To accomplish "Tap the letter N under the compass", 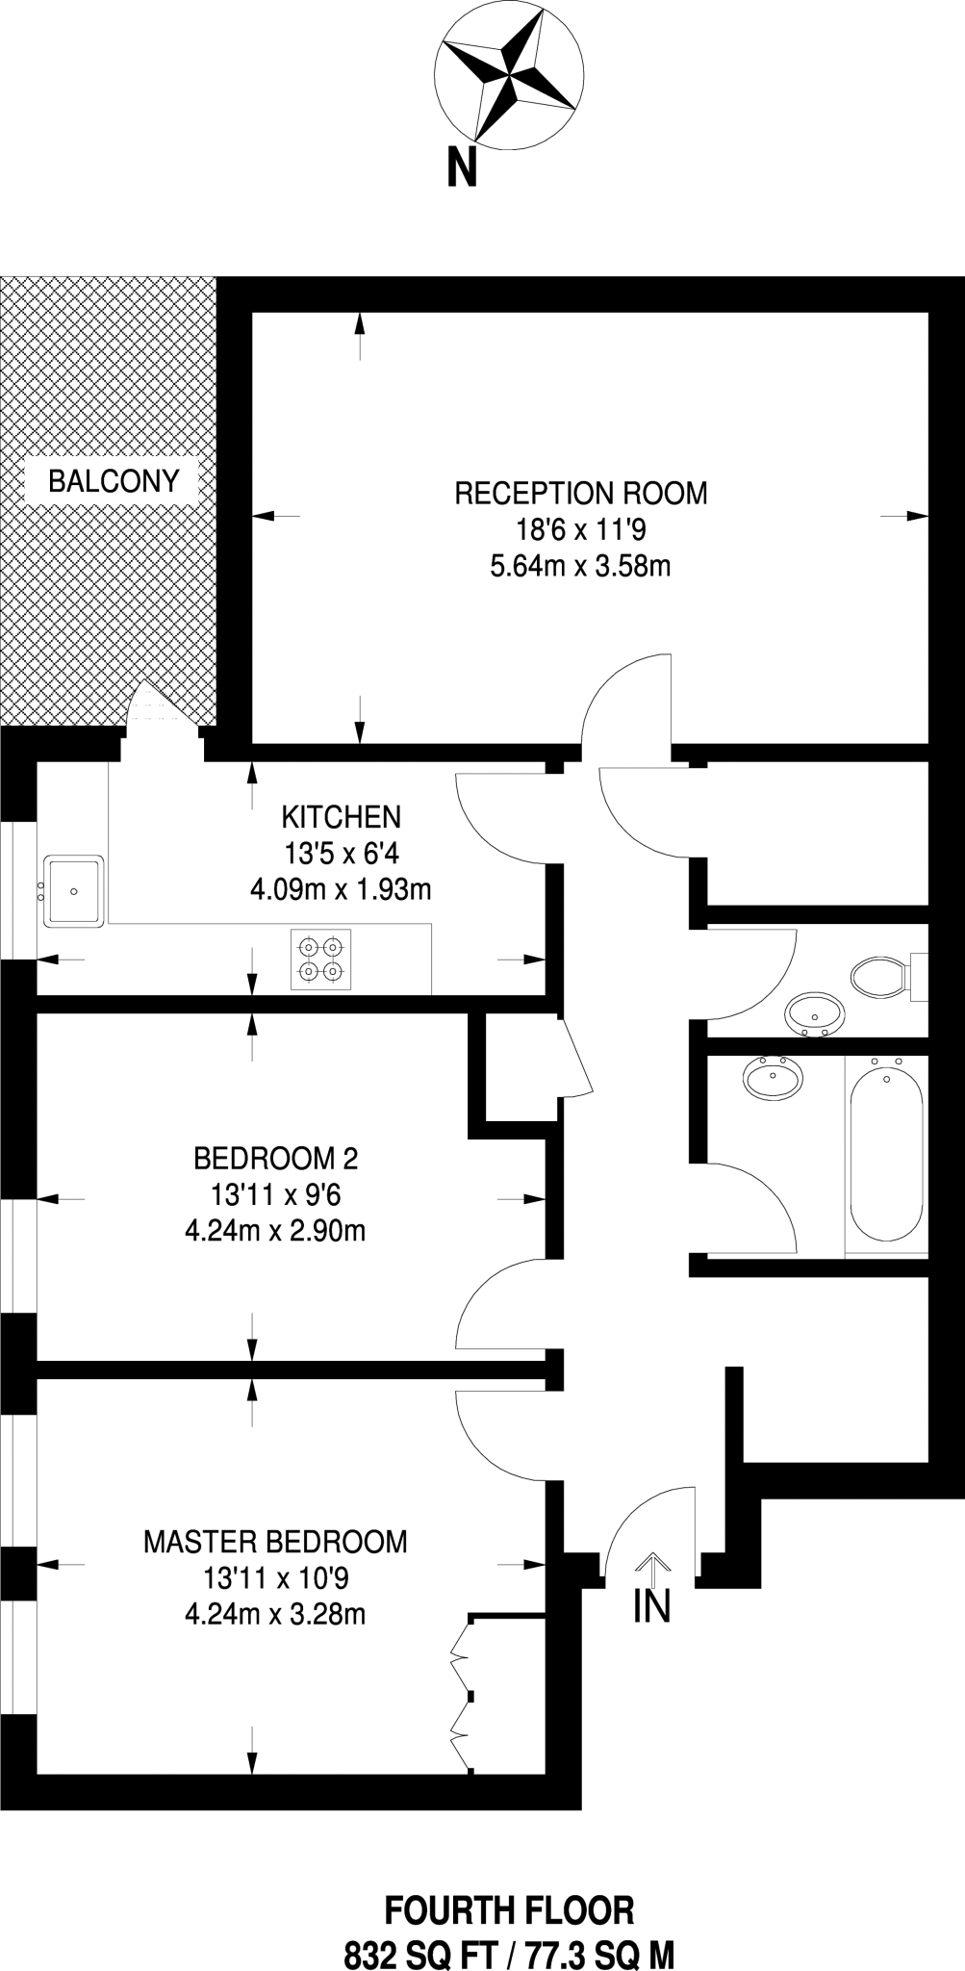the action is click(x=463, y=169).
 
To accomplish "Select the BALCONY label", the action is click(x=114, y=481).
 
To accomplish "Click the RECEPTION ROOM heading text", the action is click(x=580, y=494).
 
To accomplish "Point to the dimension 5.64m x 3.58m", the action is click(x=580, y=566).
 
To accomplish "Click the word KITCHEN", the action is click(x=341, y=817).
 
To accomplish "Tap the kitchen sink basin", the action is click(x=74, y=890).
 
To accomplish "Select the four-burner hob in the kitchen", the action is click(x=321, y=960).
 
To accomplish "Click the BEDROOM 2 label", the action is click(x=276, y=1157).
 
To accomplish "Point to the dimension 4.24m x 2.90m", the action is click(x=275, y=1230).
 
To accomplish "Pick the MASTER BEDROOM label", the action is click(x=275, y=1542).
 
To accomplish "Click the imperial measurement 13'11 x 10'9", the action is click(x=276, y=1578).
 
